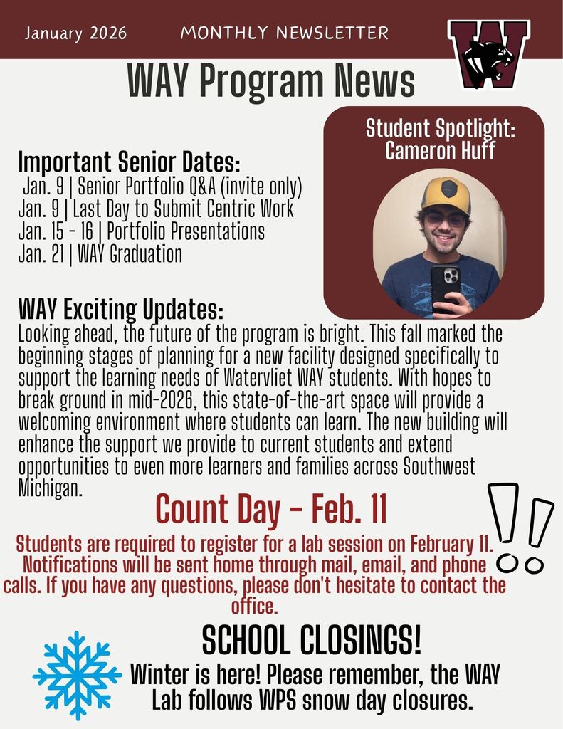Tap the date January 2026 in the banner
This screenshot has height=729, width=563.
click(75, 33)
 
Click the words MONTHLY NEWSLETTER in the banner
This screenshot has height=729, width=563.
click(285, 33)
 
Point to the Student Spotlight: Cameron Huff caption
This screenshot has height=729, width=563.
click(440, 140)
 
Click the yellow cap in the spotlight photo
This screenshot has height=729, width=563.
click(446, 194)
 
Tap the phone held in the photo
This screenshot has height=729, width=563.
click(445, 288)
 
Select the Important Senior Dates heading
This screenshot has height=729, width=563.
click(129, 162)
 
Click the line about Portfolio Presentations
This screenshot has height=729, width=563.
click(141, 231)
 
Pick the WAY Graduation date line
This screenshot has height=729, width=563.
click(100, 253)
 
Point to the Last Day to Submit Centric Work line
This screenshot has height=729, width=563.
click(155, 209)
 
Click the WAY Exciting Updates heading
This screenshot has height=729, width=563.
click(120, 310)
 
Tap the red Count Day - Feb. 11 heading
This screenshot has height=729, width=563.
click(271, 508)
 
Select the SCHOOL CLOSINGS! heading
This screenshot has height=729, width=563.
click(312, 641)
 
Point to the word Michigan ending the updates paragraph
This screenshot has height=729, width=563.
click(49, 489)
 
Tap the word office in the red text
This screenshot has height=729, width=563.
click(254, 607)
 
